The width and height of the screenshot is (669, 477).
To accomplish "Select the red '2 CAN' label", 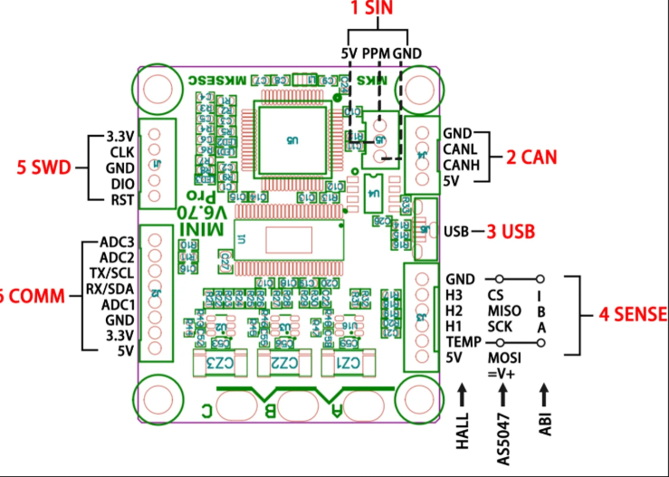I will (x=530, y=157).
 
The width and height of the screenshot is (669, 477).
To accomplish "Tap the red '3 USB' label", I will (x=513, y=230).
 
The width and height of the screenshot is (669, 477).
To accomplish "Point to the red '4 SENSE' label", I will (x=631, y=314).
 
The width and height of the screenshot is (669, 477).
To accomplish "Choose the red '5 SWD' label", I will (x=45, y=167).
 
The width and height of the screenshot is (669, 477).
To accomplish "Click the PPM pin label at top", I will (x=376, y=53).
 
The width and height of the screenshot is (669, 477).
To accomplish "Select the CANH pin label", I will (x=461, y=165).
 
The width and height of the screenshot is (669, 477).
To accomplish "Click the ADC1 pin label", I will (x=118, y=304).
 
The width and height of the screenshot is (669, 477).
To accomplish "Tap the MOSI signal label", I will (x=504, y=358).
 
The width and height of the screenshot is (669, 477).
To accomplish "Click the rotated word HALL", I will (x=463, y=433).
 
